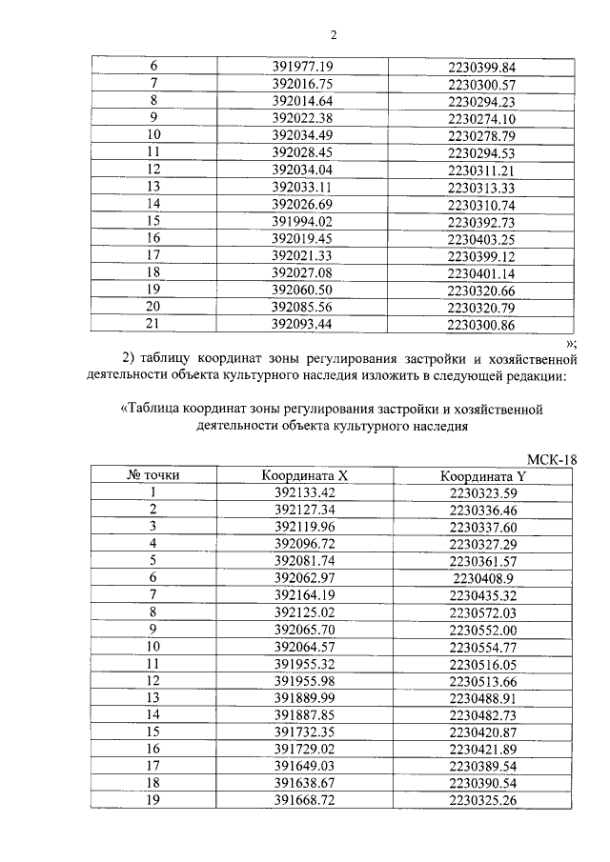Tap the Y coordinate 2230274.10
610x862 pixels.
(480, 119)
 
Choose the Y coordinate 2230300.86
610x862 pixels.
(480, 325)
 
